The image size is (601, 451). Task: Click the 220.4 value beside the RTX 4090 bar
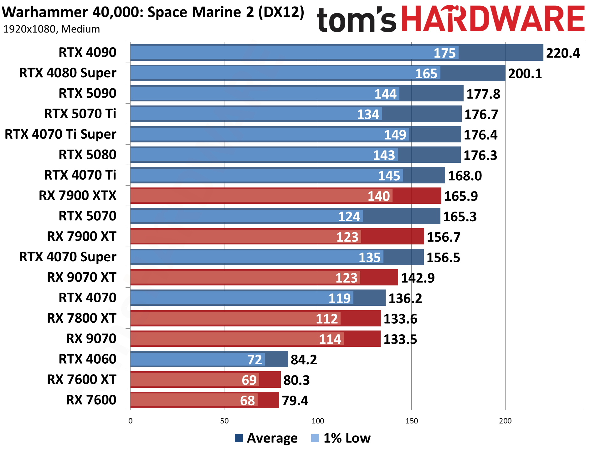(562, 53)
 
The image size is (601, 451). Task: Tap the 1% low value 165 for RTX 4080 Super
(426, 74)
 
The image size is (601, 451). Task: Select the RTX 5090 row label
(87, 93)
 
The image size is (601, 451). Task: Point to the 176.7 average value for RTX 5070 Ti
(481, 114)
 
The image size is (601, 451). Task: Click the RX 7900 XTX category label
(77, 196)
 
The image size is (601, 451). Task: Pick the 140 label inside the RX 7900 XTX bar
(378, 196)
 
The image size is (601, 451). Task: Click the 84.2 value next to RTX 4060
(303, 360)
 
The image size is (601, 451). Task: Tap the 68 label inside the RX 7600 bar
(247, 401)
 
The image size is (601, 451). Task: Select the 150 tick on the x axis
(411, 421)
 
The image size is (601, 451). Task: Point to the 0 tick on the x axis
(131, 421)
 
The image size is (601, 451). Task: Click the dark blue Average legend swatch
(239, 438)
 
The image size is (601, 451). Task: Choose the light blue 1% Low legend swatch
(315, 438)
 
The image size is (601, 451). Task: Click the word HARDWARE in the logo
(493, 19)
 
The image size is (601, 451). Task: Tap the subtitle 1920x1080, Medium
(51, 29)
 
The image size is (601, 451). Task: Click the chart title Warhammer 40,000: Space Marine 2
(153, 13)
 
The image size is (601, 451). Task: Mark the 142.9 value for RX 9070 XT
(418, 278)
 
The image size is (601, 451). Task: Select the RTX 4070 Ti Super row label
(60, 134)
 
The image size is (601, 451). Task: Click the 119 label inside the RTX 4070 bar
(339, 298)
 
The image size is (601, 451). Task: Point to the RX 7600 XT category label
(81, 380)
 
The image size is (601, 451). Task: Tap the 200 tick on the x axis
(505, 421)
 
